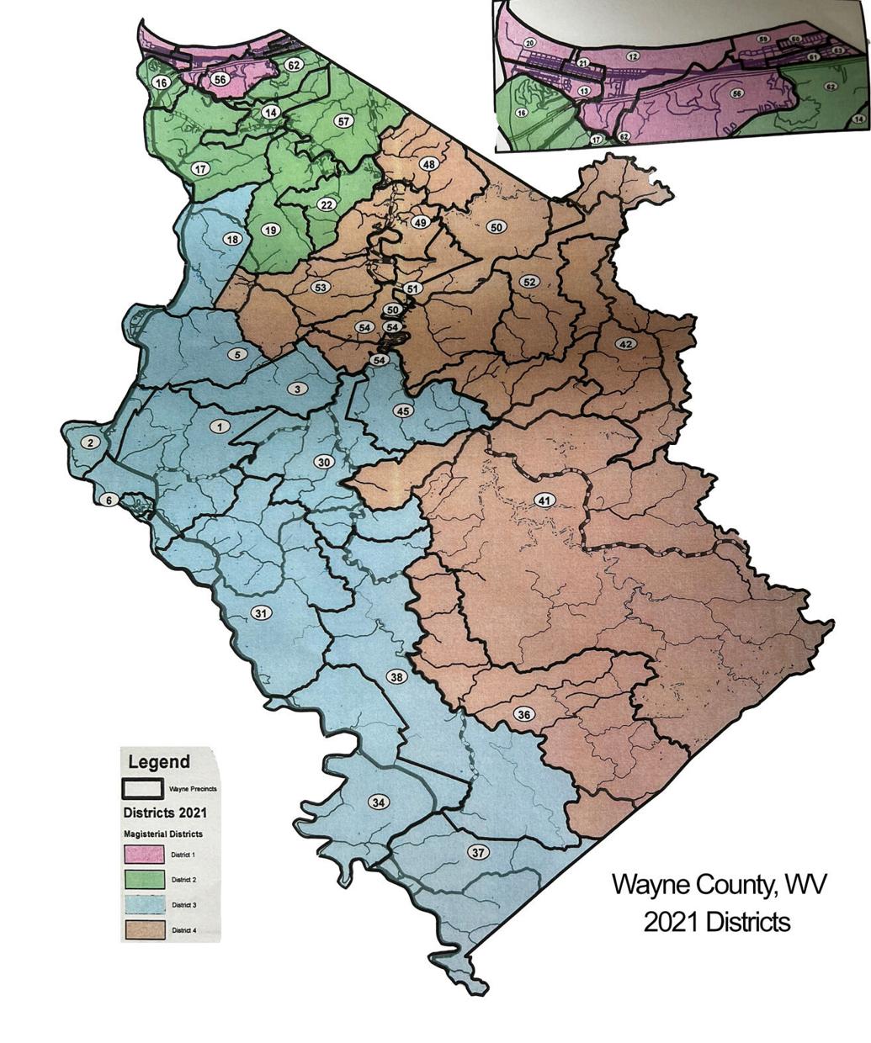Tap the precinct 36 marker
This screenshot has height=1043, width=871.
point(524,715)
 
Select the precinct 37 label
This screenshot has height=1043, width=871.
point(478,853)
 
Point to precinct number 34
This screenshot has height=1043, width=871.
point(379,802)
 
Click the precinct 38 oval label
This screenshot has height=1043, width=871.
point(396,676)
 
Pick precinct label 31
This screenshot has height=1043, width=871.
point(262,613)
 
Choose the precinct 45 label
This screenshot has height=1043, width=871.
point(403,410)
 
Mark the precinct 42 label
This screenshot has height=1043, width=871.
point(625,343)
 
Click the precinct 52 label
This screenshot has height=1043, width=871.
point(529,281)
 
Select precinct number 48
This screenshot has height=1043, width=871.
point(428,164)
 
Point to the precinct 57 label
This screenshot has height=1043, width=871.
point(343,121)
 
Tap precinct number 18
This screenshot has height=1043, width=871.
point(232,239)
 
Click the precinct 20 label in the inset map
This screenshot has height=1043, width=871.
point(529,43)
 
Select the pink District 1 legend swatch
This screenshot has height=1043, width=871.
point(144,854)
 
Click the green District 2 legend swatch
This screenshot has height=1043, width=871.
point(144,880)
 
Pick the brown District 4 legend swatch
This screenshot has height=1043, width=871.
point(144,930)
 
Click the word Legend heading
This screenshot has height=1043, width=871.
point(158,762)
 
